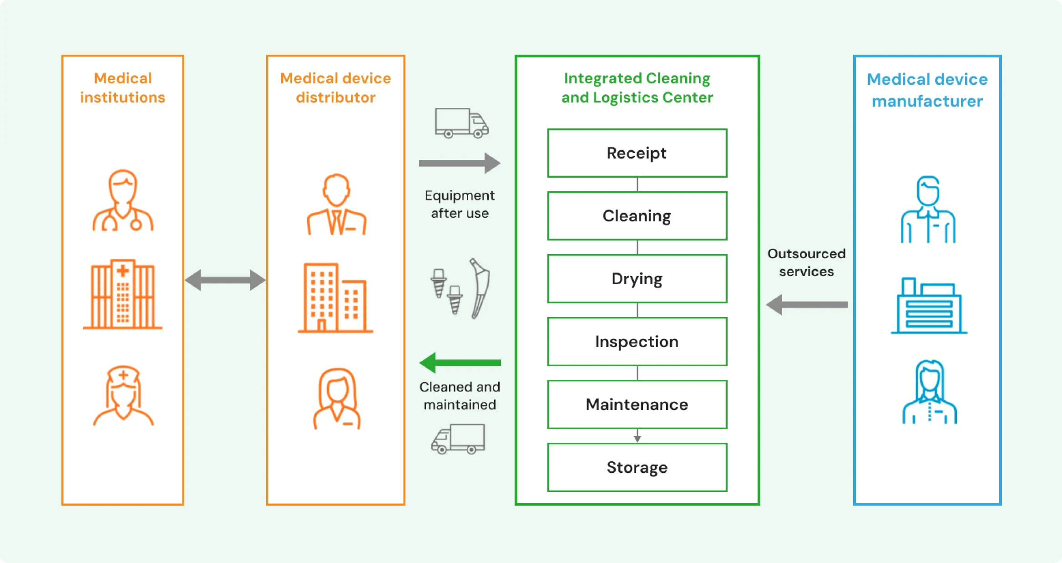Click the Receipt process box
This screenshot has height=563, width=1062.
point(637,153)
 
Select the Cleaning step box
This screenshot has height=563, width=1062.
point(637,216)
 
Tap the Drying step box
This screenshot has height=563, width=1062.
point(637,279)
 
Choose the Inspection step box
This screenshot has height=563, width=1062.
point(637,342)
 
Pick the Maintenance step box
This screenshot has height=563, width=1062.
point(637,404)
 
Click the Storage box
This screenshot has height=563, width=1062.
point(637,467)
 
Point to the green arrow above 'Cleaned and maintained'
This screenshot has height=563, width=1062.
point(460,363)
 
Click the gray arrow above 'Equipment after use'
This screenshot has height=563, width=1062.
point(460,163)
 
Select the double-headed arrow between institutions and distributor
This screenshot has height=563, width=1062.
point(225,280)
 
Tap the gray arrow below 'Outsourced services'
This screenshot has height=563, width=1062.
point(807,305)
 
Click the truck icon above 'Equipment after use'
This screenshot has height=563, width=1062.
point(461,123)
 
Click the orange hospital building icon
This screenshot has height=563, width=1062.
point(123,294)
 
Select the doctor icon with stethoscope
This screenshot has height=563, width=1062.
point(123,200)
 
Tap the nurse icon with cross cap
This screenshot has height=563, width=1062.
point(123,395)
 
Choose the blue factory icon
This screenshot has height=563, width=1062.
point(929,306)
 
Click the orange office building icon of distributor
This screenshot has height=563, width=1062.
point(335,298)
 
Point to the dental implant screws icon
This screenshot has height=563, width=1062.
point(446,292)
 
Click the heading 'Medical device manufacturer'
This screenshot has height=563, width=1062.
point(927,90)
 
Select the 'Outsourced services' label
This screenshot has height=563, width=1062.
point(806,262)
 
